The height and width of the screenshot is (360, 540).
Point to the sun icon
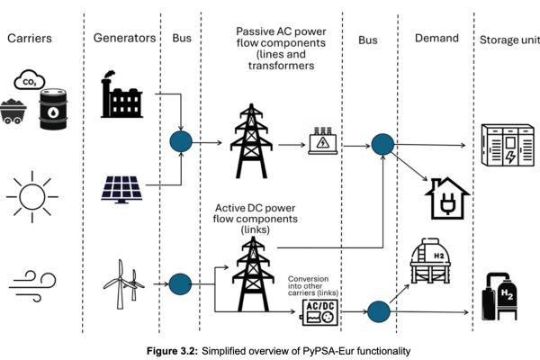click(31, 192)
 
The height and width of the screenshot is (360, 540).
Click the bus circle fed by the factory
click(183, 143)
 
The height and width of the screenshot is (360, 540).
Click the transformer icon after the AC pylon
click(322, 141)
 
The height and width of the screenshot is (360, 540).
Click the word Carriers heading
click(31, 38)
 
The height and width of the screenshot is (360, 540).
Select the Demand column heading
click(437, 38)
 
